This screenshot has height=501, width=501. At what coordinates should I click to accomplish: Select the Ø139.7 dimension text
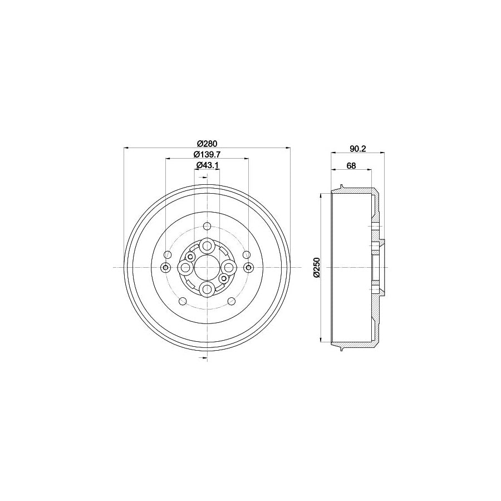tap(207, 154)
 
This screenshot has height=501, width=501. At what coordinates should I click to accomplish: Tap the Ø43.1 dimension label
tap(207, 165)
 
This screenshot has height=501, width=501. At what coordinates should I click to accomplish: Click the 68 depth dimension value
tap(351, 165)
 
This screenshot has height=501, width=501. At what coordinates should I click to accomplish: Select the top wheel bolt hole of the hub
tap(207, 245)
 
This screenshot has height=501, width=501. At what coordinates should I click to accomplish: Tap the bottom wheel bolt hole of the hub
tap(207, 289)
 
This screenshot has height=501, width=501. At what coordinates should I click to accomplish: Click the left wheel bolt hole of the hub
tap(185, 268)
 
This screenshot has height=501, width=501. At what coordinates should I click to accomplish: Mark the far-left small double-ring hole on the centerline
tap(165, 268)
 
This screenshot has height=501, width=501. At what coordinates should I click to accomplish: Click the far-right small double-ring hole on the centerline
tap(249, 268)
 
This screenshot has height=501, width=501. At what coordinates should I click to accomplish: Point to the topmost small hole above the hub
tap(207, 226)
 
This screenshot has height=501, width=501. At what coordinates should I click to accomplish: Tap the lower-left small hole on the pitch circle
tap(184, 301)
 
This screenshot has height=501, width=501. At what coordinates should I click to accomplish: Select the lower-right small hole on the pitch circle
tap(230, 301)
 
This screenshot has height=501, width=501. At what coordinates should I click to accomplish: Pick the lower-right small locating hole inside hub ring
tap(224, 278)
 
